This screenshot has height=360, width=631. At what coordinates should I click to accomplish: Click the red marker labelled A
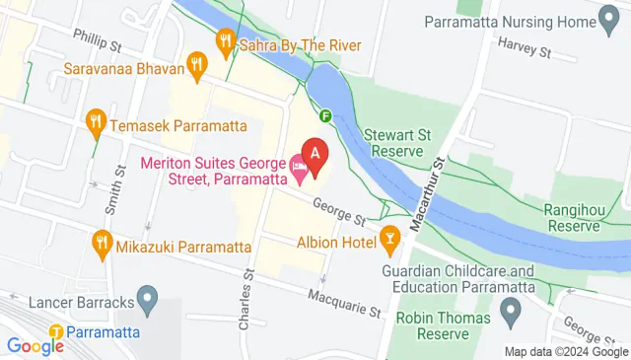[315, 154]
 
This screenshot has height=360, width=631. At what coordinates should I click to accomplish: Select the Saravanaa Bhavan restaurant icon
[197, 68]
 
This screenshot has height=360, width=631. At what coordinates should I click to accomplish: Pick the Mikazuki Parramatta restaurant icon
[101, 242]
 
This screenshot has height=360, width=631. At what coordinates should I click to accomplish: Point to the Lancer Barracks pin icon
[148, 296]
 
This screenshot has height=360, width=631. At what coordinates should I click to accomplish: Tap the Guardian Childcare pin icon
[510, 315]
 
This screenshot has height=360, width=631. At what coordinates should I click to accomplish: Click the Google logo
[35, 345]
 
